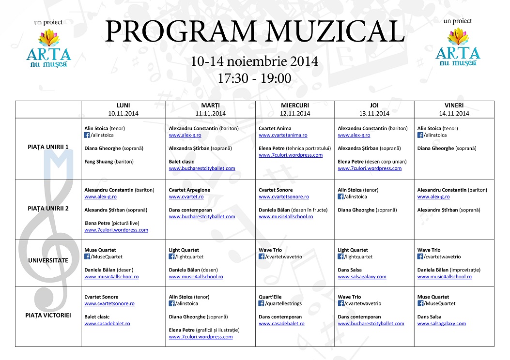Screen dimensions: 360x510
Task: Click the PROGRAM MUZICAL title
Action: coord(254,32)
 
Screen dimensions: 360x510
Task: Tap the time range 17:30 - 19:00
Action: coord(254,78)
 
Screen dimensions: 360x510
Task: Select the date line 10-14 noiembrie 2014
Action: coord(254,62)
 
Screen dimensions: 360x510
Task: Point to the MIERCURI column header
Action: coord(295,105)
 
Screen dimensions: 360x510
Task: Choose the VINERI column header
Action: coord(454,105)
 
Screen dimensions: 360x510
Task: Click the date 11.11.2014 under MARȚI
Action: coord(210,114)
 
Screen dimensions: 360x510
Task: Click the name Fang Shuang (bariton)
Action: coord(109,162)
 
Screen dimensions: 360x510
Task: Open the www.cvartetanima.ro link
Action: coord(283,135)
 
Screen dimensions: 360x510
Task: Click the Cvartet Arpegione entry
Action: coord(189,190)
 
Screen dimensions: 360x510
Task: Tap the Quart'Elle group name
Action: coord(270,297)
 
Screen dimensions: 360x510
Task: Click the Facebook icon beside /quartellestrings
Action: coord(262,304)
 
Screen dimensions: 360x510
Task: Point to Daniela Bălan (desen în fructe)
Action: coord(293,210)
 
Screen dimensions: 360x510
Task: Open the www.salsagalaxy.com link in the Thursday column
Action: coord(362,277)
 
